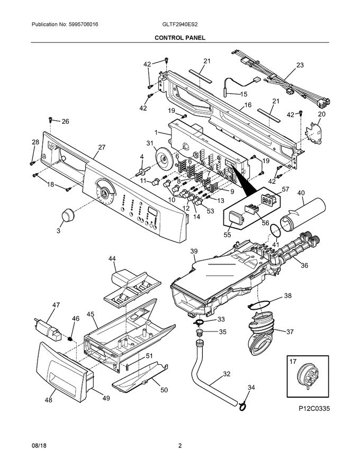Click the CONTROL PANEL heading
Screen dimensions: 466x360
[180, 38]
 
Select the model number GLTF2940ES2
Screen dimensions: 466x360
[180, 25]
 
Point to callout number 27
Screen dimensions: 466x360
[102, 148]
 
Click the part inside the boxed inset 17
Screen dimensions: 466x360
[306, 375]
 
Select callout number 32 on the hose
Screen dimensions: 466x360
[226, 374]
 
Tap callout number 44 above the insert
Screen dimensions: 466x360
[112, 258]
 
